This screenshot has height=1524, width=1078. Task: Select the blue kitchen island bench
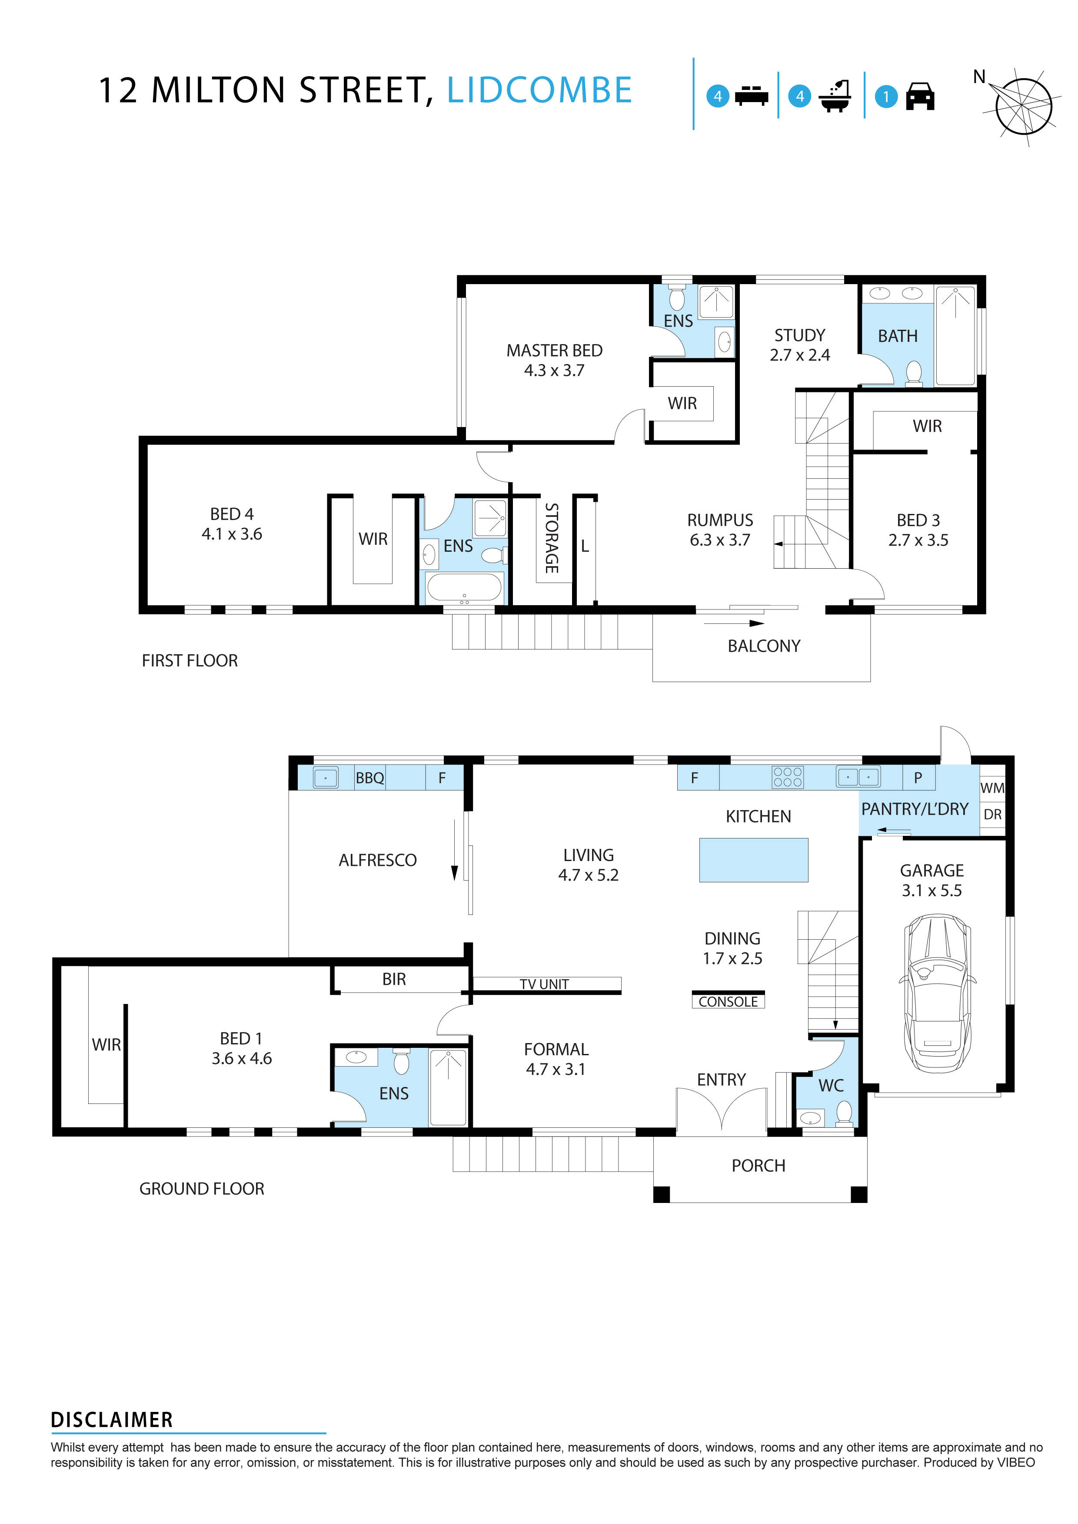pyautogui.click(x=753, y=860)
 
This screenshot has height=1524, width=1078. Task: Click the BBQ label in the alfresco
pyautogui.click(x=369, y=778)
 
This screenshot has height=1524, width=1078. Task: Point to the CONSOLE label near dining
pyautogui.click(x=728, y=1002)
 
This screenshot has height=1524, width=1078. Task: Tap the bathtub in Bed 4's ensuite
pyautogui.click(x=464, y=587)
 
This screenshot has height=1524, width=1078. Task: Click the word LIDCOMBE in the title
pyautogui.click(x=539, y=90)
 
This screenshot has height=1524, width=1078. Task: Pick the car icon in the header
pyautogui.click(x=920, y=96)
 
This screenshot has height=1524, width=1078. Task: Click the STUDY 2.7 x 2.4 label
pyautogui.click(x=800, y=345)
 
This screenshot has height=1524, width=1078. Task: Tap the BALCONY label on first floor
pyautogui.click(x=763, y=646)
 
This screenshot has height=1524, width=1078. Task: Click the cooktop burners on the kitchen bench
pyautogui.click(x=787, y=777)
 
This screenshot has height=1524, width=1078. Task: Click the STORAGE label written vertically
pyautogui.click(x=551, y=538)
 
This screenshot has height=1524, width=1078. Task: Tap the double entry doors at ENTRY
pyautogui.click(x=721, y=1110)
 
